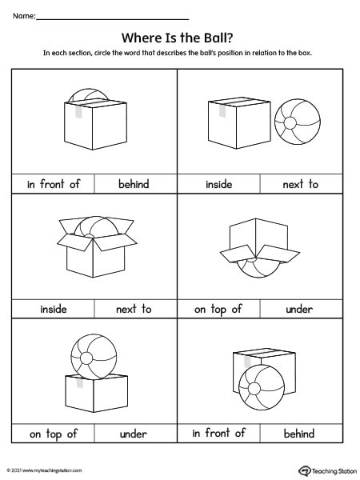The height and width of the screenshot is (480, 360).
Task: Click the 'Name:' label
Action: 24,16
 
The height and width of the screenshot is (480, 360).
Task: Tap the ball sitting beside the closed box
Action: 298,122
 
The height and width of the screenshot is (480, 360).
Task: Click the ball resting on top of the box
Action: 94,357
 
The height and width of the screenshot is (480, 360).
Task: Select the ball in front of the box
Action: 262,387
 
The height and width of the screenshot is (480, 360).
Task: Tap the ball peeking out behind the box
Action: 88,95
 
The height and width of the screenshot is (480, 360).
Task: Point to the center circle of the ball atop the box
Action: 86,358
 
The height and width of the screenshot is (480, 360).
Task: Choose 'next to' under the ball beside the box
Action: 300,184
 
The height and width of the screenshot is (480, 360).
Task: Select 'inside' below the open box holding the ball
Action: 54,309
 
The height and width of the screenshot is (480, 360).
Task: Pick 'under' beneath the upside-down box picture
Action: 299,309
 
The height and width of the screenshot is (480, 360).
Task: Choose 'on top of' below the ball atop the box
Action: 54,434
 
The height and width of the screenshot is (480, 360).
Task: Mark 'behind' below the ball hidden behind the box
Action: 134,184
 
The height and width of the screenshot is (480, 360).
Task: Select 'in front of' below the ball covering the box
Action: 218,433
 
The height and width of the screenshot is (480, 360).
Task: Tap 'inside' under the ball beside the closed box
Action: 218,184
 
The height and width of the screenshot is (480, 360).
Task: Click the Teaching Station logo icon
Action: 305,470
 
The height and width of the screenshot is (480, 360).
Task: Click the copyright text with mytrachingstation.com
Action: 44,470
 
